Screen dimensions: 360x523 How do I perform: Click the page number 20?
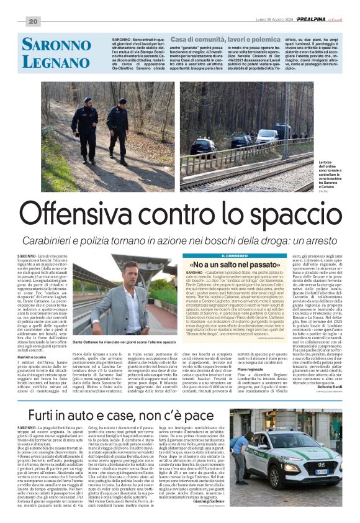(x=33, y=22)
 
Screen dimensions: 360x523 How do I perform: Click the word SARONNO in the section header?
(x=56, y=45)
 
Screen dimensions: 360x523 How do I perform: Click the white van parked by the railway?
(x=268, y=134)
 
